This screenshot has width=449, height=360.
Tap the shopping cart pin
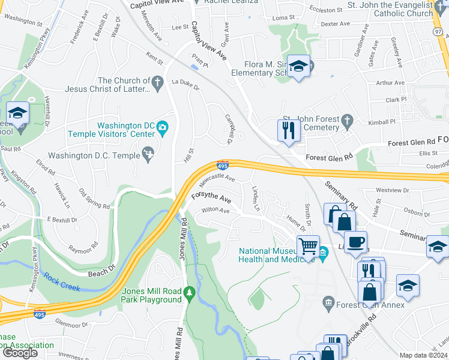click(308, 245)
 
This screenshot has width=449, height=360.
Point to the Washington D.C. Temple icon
click(148, 155)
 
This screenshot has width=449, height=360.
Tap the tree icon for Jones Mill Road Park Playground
click(190, 292)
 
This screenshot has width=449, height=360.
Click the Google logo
click(20, 353)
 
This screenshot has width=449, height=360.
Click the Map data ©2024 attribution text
click(423, 355)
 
